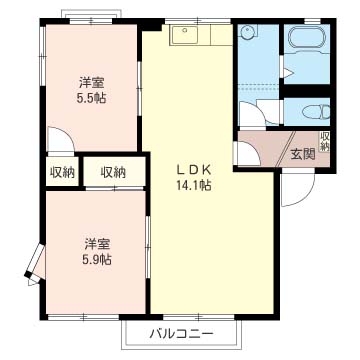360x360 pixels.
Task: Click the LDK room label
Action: (x=193, y=169)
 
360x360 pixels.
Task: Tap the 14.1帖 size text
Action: (x=194, y=185)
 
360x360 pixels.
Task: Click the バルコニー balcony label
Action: (x=181, y=332)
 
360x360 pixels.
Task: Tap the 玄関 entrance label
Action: (x=303, y=153)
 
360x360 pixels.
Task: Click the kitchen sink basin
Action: (x=186, y=37)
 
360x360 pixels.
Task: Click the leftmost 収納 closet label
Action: (x=62, y=172)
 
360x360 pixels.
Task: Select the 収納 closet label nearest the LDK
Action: (x=113, y=172)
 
